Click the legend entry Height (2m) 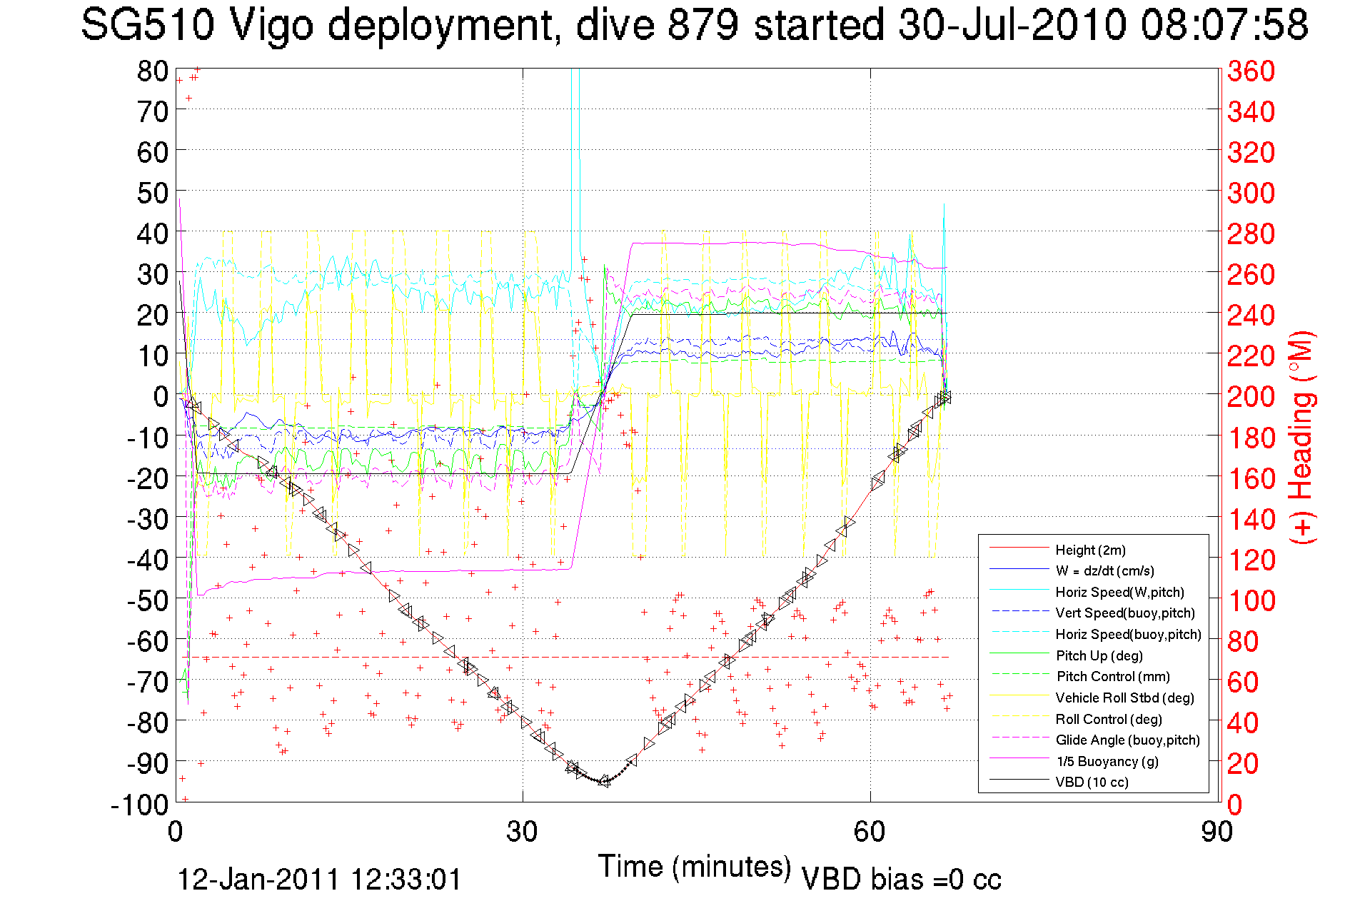(1090, 550)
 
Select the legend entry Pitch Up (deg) (1099, 655)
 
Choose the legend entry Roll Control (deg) (1109, 719)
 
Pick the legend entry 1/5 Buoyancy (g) (1107, 761)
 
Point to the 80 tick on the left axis (152, 71)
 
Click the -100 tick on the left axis (139, 805)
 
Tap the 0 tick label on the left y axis (161, 396)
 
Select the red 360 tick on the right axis (1251, 71)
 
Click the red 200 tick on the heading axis (1251, 396)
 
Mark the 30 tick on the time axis (522, 832)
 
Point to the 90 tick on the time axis (1216, 832)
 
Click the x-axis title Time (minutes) (695, 867)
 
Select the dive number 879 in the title (703, 25)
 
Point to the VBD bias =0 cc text (901, 880)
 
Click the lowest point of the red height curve (604, 782)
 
